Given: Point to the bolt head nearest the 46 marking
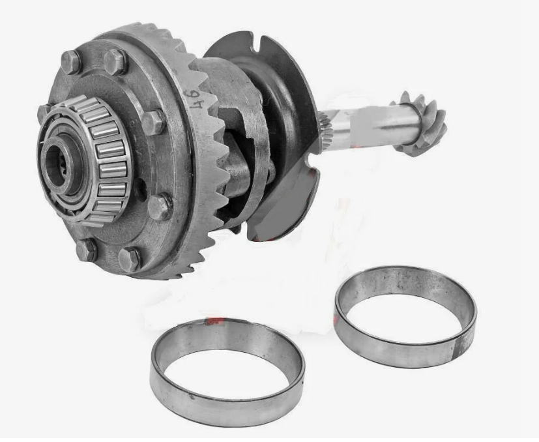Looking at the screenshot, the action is pyautogui.click(x=154, y=122).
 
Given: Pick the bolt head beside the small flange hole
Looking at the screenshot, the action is pyautogui.click(x=160, y=207).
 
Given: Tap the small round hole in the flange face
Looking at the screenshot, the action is pyautogui.click(x=140, y=190).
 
